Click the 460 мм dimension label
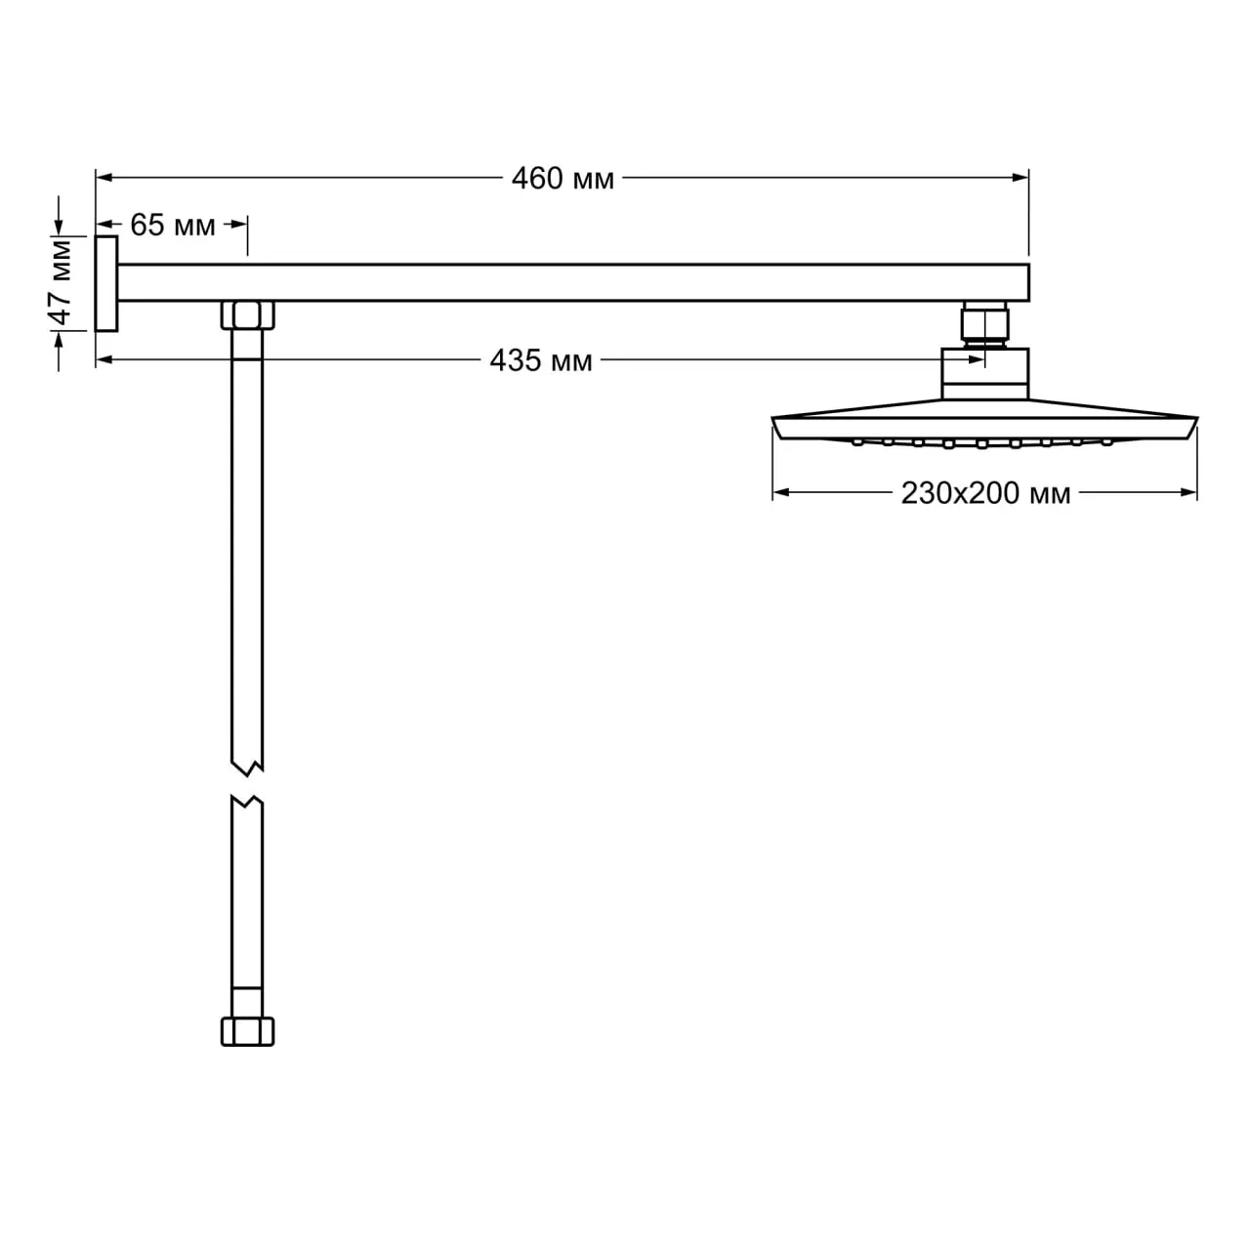pyautogui.click(x=562, y=179)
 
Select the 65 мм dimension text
pyautogui.click(x=173, y=225)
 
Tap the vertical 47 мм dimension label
pyautogui.click(x=61, y=282)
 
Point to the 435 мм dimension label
pyautogui.click(x=540, y=360)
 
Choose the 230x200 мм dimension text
pyautogui.click(x=985, y=493)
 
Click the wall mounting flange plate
pyautogui.click(x=106, y=283)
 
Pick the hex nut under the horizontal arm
pyautogui.click(x=247, y=315)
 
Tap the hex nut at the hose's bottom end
pyautogui.click(x=247, y=1031)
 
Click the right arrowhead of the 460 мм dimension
pyautogui.click(x=1021, y=177)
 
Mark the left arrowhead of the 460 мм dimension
pyautogui.click(x=104, y=177)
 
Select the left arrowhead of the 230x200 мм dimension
pyautogui.click(x=781, y=492)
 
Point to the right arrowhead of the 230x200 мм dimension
pyautogui.click(x=1188, y=492)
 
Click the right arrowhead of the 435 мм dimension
pyautogui.click(x=977, y=359)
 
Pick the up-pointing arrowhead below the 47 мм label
pyautogui.click(x=59, y=341)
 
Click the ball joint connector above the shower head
pyautogui.click(x=984, y=324)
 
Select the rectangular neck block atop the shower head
pyautogui.click(x=984, y=374)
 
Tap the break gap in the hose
pyautogui.click(x=247, y=785)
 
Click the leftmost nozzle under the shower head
pyautogui.click(x=857, y=441)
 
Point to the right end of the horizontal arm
pyautogui.click(x=1028, y=283)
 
